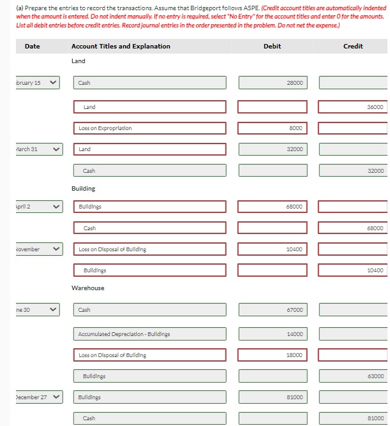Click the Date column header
tap(32, 46)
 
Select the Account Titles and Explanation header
tap(121, 46)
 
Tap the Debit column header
tap(272, 46)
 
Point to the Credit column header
tap(353, 46)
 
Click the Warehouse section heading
tap(87, 288)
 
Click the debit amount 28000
tap(273, 83)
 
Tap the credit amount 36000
tap(353, 107)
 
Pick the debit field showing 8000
tap(273, 128)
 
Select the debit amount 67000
tap(273, 310)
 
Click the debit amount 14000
tap(273, 334)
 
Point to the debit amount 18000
tap(273, 355)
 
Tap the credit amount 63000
tap(353, 376)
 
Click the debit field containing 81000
tap(273, 397)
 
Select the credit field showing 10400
tap(353, 270)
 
